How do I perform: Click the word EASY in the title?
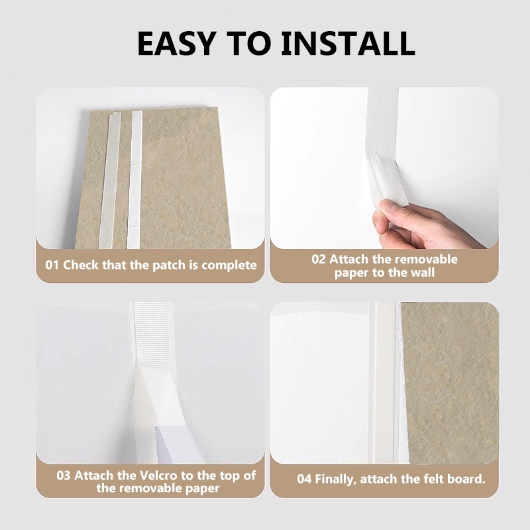click(x=176, y=44)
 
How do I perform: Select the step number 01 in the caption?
click(x=52, y=265)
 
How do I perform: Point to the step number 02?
click(x=319, y=260)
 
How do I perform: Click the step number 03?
click(x=63, y=475)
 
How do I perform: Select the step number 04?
click(x=304, y=479)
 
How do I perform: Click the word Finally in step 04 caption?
click(x=335, y=480)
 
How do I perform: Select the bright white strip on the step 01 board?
click(x=135, y=180)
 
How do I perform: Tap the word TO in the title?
click(x=248, y=44)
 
